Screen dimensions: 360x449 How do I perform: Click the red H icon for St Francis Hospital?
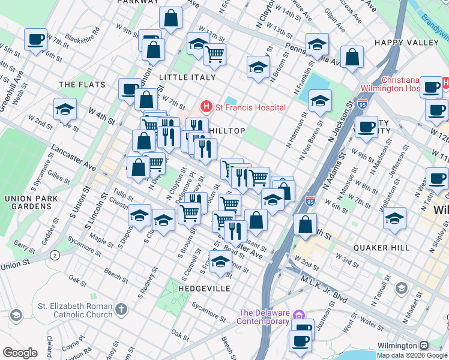point(206,107)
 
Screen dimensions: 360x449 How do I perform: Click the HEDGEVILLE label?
point(204,289)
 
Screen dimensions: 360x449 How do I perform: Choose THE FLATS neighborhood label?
point(82,85)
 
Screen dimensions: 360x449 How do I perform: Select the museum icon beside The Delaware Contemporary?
point(300,315)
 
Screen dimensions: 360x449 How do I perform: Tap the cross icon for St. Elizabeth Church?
point(121,310)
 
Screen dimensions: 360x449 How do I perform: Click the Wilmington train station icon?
point(424,346)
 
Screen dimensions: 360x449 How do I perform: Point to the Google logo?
point(19,352)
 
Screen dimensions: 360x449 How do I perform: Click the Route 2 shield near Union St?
point(55,255)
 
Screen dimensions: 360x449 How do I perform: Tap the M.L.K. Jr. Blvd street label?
point(324,275)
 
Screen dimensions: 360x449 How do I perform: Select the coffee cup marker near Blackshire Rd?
point(35,40)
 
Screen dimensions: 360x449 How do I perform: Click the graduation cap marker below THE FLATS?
point(65,110)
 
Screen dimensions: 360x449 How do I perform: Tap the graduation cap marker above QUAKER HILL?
point(394,219)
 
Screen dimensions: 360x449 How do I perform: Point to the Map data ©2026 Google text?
point(412,355)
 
